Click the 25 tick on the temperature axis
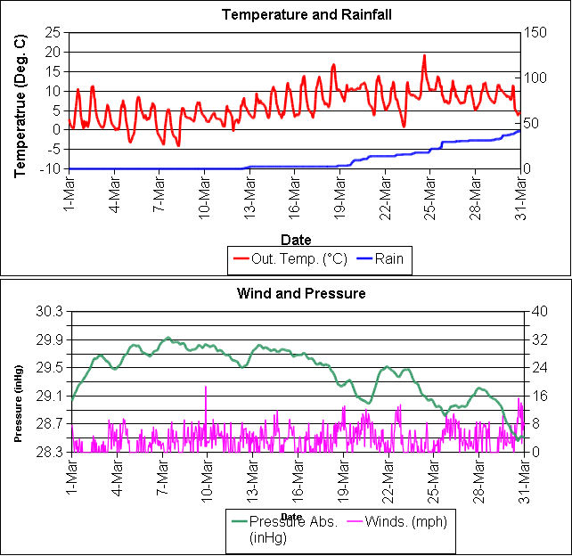(x=52, y=32)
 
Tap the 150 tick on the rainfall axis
(x=535, y=32)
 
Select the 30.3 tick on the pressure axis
(x=49, y=311)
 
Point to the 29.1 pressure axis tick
(x=49, y=396)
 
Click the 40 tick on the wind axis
(x=532, y=311)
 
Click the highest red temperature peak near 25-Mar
(x=424, y=56)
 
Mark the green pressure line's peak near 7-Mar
(x=168, y=339)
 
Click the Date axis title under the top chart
(x=295, y=239)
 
